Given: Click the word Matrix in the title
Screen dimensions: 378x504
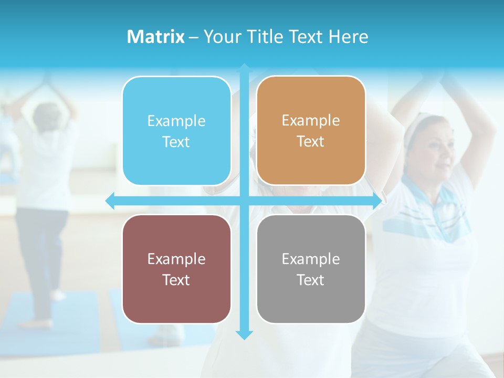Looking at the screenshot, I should [x=156, y=37].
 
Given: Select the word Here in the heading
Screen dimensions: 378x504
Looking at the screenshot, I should [x=349, y=37].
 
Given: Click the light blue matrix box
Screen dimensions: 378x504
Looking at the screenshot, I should [x=176, y=131].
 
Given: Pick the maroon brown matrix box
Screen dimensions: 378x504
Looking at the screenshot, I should [x=176, y=269].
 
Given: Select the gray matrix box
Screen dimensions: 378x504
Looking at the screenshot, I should [x=311, y=269].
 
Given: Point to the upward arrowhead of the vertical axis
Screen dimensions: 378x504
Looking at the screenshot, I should [x=244, y=68].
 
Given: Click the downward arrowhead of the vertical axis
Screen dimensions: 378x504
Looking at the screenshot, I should [x=244, y=335].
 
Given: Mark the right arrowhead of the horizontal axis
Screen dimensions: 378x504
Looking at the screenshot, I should [x=377, y=201].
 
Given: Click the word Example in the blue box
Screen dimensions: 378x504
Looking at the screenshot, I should [x=176, y=121].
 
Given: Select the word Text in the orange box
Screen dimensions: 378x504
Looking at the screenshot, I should [x=311, y=142].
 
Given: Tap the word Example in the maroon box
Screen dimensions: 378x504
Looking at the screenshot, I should [x=176, y=259].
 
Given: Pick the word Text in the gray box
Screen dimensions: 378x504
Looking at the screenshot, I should [x=311, y=280].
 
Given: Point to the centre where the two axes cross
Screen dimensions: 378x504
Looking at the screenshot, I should [x=244, y=201].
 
